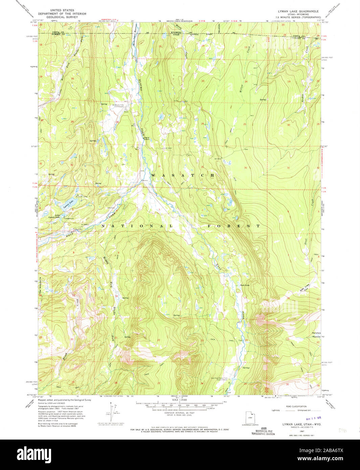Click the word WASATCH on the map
(x=183, y=175)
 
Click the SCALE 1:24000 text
(x=180, y=399)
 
